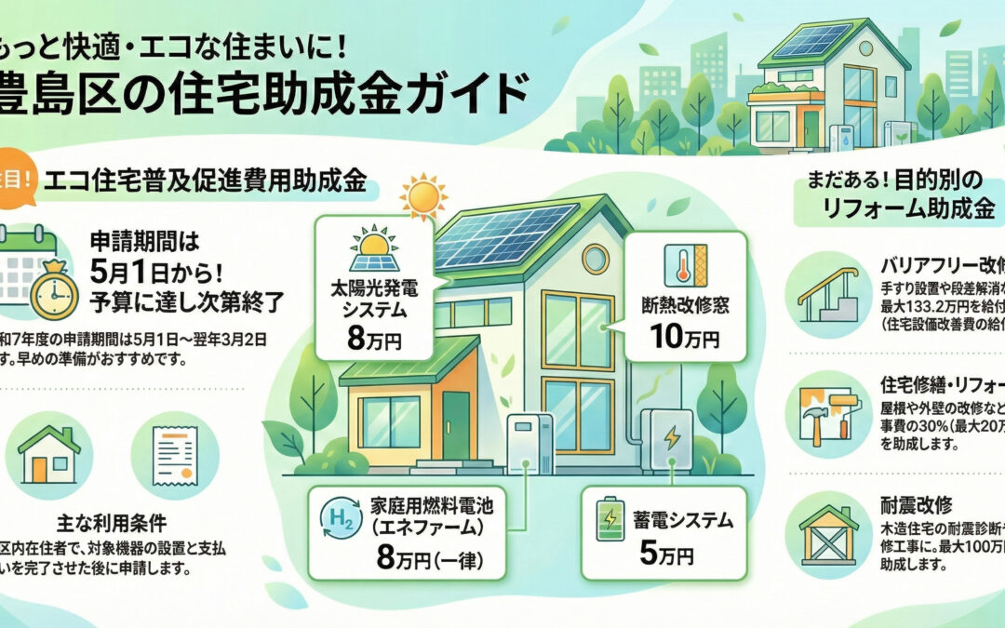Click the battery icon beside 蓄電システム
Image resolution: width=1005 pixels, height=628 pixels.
610,521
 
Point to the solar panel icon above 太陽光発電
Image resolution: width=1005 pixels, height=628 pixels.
373,248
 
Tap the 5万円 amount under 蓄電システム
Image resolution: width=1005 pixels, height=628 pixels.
665,556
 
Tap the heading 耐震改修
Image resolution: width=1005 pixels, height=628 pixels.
916,505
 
